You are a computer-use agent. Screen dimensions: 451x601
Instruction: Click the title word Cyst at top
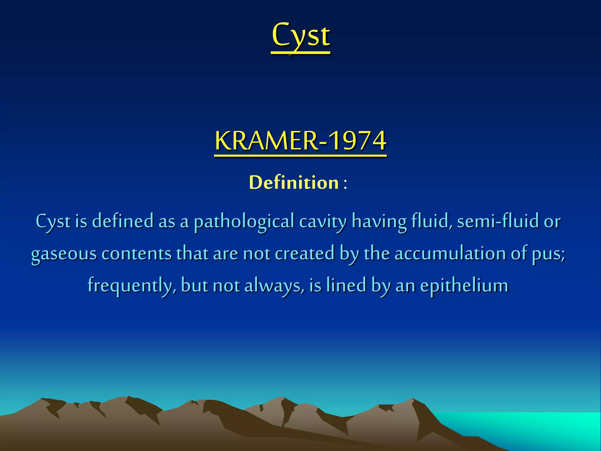point(301,36)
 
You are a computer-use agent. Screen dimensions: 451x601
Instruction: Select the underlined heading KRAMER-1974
point(300,141)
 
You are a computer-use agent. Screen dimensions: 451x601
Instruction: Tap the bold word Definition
point(294,183)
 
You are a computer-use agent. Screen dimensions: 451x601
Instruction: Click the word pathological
point(244,222)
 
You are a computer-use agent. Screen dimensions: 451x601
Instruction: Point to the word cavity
point(323,222)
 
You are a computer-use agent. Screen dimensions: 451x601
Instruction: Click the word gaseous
point(64,254)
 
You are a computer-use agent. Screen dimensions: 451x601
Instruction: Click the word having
point(379,222)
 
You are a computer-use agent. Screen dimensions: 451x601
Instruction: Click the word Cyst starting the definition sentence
point(53,222)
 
